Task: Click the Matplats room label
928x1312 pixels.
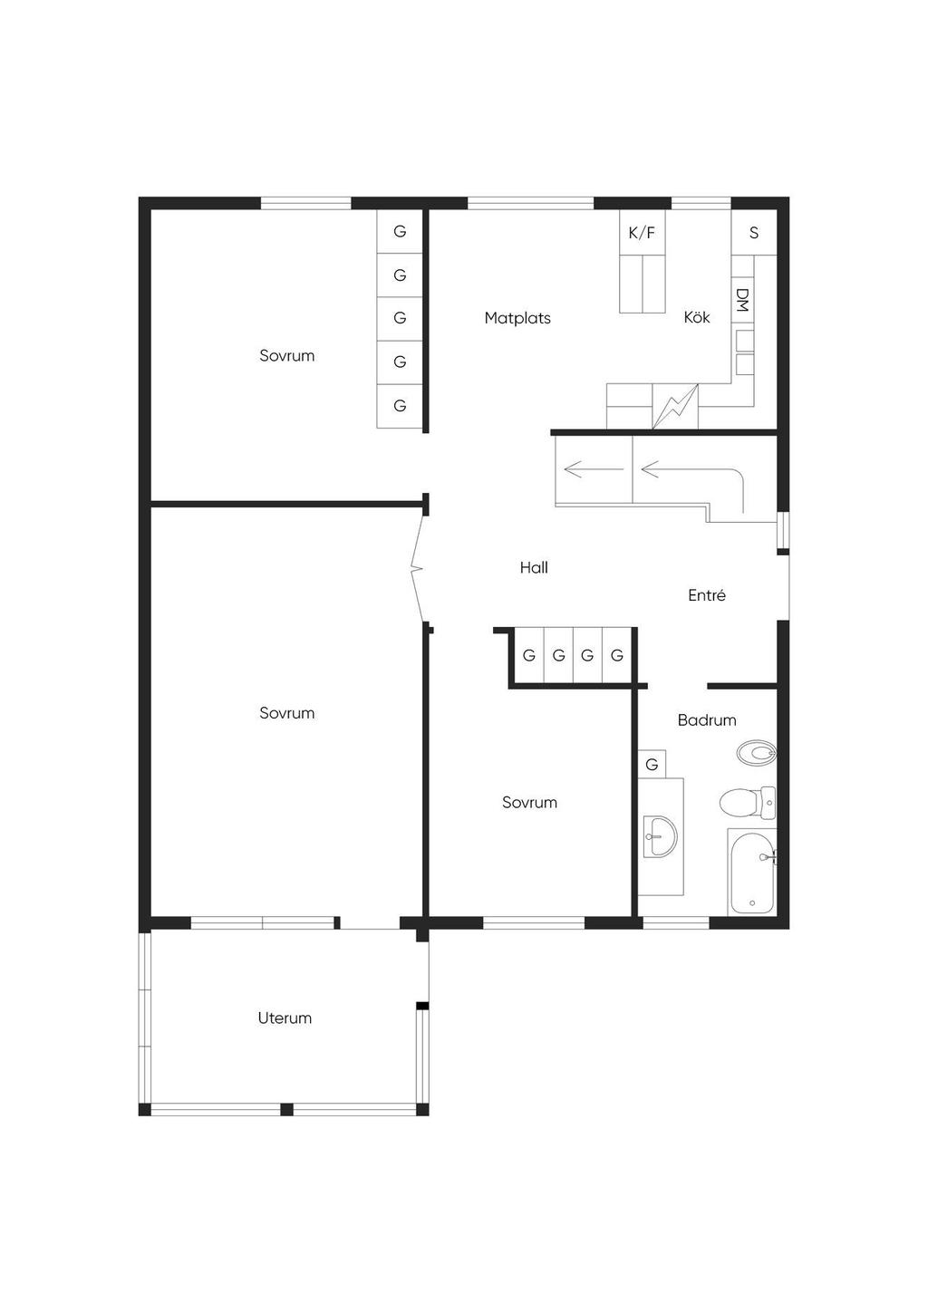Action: (x=517, y=318)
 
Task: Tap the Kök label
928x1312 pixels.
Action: (x=697, y=317)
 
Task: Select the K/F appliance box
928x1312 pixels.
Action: (x=643, y=233)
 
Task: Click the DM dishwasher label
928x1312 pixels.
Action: (x=742, y=299)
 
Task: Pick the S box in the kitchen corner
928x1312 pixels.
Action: (x=754, y=233)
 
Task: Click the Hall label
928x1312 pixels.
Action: (x=534, y=567)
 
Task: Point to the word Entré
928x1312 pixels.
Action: (x=707, y=595)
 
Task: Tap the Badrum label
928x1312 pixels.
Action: (x=707, y=719)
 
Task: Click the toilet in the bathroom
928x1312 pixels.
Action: (x=748, y=803)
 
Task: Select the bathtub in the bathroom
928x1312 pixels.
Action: (x=752, y=872)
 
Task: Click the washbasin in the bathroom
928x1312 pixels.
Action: (x=660, y=836)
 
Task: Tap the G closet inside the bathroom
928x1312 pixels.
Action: (x=652, y=764)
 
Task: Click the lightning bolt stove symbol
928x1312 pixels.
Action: (x=675, y=406)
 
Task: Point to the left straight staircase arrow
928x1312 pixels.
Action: (x=594, y=469)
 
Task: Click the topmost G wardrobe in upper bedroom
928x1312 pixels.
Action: (x=400, y=231)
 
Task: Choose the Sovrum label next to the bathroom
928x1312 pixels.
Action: (x=529, y=802)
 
